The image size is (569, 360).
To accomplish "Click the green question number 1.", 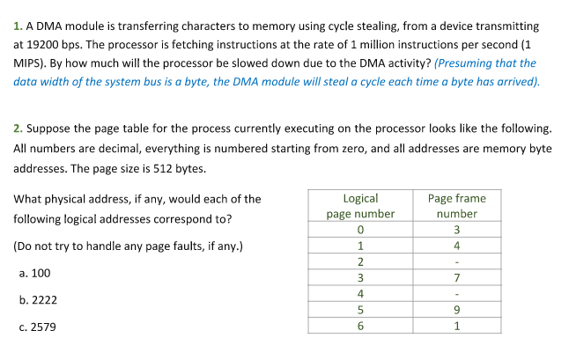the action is click(x=18, y=26).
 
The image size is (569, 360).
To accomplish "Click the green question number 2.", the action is click(x=18, y=129).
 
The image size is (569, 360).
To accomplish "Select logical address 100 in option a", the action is click(x=41, y=274).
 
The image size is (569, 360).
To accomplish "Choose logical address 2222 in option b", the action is click(x=44, y=300).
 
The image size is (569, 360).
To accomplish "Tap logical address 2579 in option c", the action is click(x=43, y=327).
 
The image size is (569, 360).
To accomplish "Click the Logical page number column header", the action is click(x=360, y=206).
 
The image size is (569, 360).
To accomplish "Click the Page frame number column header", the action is click(x=457, y=206).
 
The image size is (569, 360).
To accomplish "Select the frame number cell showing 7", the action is click(x=457, y=278).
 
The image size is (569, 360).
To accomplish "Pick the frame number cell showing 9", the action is click(x=457, y=310).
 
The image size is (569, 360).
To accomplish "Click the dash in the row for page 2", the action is click(x=457, y=262).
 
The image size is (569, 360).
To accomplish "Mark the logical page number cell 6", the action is click(x=360, y=326).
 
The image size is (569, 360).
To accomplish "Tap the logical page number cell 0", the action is click(x=360, y=230).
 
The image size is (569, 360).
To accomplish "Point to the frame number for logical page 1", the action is click(x=457, y=246).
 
